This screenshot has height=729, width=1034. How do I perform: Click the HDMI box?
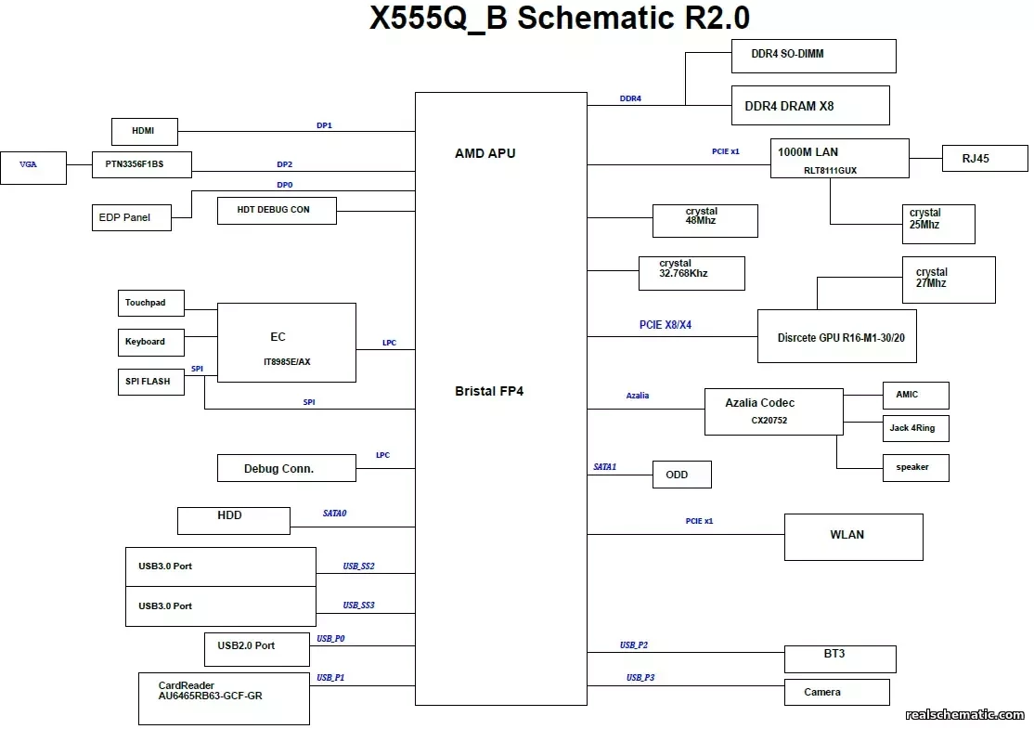click(144, 132)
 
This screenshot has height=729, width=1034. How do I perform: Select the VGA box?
click(33, 167)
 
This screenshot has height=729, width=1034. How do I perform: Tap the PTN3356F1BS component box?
click(142, 165)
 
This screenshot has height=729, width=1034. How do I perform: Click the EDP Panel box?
click(132, 217)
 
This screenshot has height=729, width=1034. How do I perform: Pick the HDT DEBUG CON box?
click(277, 210)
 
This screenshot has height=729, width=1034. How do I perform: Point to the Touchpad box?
click(150, 303)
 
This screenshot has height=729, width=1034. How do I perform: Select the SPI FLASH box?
click(150, 381)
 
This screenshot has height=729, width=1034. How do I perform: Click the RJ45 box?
click(984, 159)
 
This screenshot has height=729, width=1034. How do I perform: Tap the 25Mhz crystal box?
click(937, 224)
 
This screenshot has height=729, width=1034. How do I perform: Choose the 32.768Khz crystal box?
click(691, 273)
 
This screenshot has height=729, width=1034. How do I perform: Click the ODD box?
click(682, 475)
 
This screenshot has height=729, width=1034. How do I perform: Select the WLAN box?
click(853, 537)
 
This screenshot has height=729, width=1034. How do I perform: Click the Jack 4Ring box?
click(915, 428)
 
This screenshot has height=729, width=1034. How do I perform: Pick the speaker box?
click(915, 467)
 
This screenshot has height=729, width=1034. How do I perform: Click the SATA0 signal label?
click(334, 513)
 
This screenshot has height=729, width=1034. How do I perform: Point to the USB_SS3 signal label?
click(358, 605)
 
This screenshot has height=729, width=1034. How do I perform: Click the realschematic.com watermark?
click(964, 714)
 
